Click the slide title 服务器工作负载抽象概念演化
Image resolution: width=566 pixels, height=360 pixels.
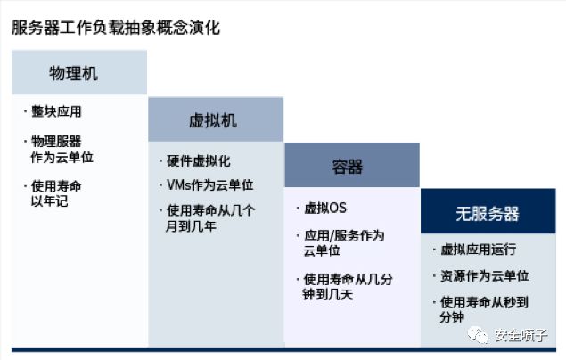point(116,28)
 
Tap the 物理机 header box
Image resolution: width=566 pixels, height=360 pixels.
point(79,72)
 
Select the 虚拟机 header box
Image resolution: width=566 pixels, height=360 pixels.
point(216,119)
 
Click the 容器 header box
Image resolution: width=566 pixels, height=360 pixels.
point(352,165)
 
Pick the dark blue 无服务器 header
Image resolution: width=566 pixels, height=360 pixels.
point(488,211)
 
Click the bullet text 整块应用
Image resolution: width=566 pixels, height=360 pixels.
point(56,111)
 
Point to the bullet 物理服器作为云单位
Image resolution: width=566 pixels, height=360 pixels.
point(62,150)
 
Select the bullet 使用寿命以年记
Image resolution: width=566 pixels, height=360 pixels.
point(56,193)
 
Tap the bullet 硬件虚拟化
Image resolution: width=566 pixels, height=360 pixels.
point(199,161)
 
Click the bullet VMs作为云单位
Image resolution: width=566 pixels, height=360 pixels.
point(210,185)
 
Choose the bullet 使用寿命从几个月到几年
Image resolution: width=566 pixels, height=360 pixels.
point(210,218)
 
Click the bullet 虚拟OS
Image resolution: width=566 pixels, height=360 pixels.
point(325,209)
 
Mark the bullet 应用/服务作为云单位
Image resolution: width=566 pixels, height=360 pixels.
point(344,243)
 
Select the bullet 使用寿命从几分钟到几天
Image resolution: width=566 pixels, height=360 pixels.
point(348,287)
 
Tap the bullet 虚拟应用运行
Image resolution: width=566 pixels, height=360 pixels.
point(479,250)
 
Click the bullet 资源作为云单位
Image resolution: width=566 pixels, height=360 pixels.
point(484,276)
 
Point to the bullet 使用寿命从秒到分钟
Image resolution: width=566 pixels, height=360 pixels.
point(484,309)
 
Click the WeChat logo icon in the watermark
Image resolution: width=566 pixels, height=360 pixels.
point(479,335)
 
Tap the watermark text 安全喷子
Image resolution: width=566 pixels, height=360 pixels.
point(521,335)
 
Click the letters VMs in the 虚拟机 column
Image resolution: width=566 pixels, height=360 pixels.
point(178,185)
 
